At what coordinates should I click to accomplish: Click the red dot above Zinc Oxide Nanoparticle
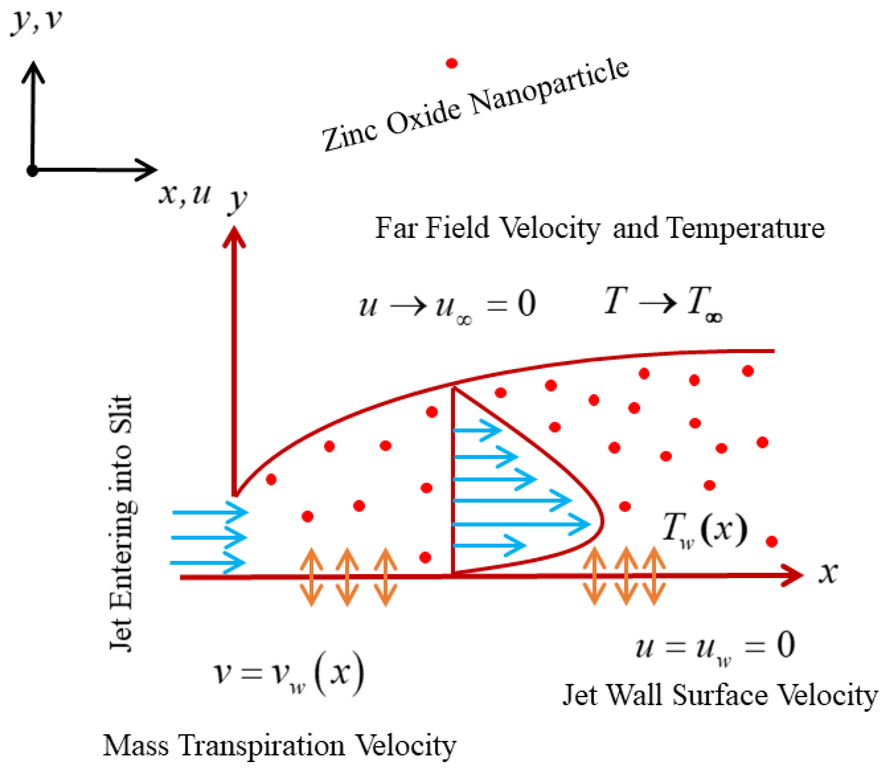(x=451, y=63)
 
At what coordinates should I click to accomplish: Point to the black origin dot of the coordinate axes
(x=32, y=171)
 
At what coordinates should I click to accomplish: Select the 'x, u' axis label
(x=185, y=194)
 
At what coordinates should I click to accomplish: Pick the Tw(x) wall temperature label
(x=705, y=531)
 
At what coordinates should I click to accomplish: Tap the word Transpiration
(x=262, y=746)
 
